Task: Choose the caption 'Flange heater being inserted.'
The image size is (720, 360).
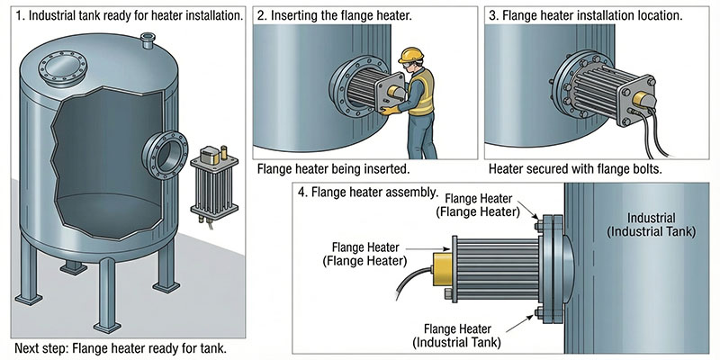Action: point(333,168)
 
